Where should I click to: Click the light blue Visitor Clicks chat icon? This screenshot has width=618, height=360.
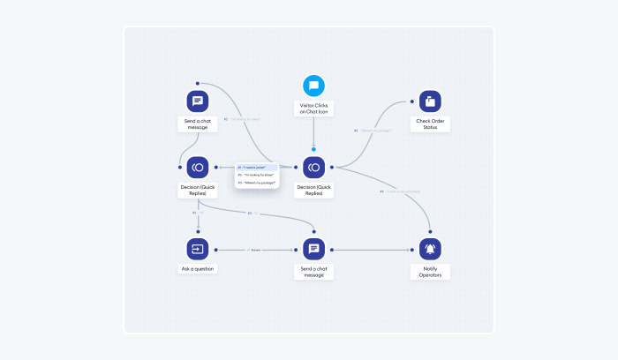pos(313,86)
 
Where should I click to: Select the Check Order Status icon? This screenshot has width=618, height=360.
pos(430,101)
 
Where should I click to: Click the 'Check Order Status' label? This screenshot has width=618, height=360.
pos(430,124)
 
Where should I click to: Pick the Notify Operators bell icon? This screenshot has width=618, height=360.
pos(430,249)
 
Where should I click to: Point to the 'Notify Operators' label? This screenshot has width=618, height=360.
pos(430,272)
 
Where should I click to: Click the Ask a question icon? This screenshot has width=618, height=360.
pos(198,249)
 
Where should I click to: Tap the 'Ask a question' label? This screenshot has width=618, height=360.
pos(198,268)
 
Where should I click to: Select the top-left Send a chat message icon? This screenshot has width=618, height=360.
pos(198,101)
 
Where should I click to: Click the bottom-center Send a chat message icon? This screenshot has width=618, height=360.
pos(313,249)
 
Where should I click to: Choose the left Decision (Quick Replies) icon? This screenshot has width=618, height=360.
pos(198,167)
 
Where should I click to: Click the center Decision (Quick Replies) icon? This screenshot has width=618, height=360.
pos(313,167)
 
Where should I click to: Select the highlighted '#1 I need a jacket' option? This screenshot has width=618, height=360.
pos(257,166)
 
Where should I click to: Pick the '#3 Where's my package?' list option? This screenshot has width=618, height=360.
pos(257,183)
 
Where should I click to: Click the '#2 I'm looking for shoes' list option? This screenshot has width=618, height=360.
pos(257,175)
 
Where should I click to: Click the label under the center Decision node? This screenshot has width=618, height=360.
pos(313,190)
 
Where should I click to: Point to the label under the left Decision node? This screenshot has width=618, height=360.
pos(198,190)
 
